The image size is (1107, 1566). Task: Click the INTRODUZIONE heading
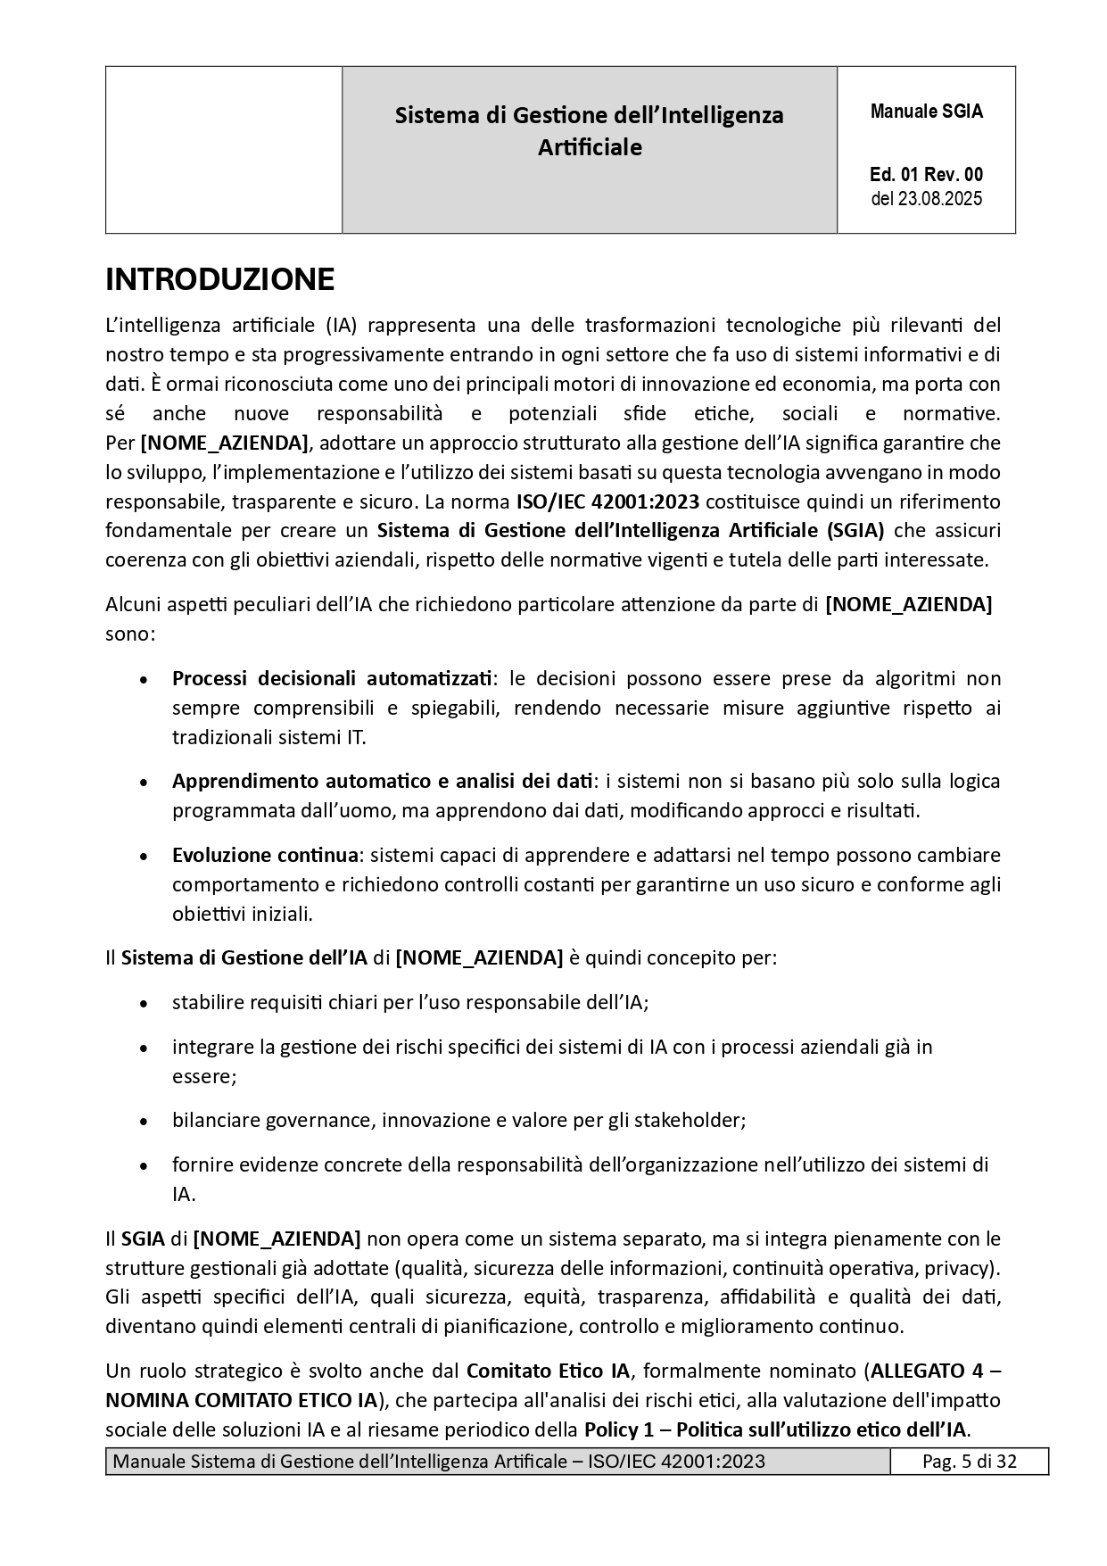tap(219, 280)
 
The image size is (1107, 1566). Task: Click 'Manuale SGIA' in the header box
tap(926, 112)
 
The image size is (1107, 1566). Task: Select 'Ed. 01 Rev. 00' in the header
tap(926, 175)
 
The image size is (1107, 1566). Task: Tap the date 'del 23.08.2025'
tap(926, 199)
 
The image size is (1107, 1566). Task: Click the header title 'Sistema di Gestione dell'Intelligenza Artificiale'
tap(589, 130)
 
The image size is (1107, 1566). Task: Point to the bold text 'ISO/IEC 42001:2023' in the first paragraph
tap(607, 501)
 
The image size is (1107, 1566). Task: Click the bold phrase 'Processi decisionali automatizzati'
tap(332, 678)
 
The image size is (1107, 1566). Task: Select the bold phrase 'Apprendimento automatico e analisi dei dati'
tap(383, 781)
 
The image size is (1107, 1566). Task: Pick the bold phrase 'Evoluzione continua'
tap(265, 855)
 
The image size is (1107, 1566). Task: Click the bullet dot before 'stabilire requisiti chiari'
tap(144, 1003)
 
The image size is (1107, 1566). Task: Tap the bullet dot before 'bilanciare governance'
tap(144, 1121)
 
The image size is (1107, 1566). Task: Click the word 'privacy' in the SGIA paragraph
tap(958, 1268)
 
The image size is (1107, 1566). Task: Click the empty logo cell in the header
tap(224, 150)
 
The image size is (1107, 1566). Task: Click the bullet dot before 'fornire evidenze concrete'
tap(144, 1165)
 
